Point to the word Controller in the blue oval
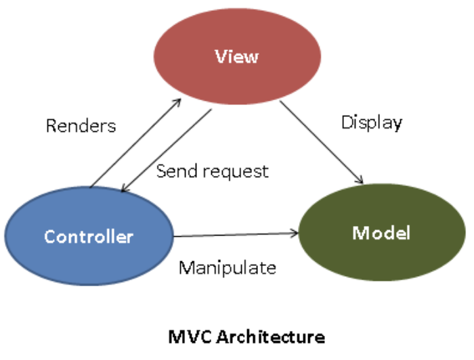point(89,237)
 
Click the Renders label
point(81,126)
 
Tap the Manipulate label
point(227,267)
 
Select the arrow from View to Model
point(322,142)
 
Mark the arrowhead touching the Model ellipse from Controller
point(295,234)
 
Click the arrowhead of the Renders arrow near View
point(177,102)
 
